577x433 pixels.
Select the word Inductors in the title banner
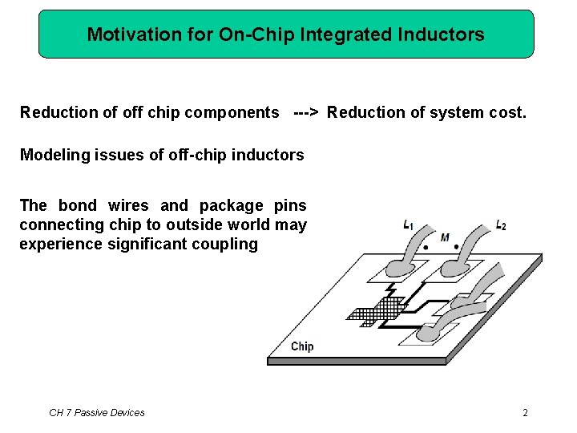445,34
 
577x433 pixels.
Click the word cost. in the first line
507,112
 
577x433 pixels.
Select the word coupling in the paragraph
225,244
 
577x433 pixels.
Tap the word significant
148,244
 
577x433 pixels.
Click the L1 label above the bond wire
409,225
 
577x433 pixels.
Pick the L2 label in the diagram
501,225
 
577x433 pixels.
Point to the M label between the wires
445,237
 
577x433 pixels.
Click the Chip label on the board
302,346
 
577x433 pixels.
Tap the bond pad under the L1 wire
393,273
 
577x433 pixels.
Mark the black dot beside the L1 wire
426,249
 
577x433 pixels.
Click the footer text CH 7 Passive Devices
97,413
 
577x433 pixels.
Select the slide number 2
525,413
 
